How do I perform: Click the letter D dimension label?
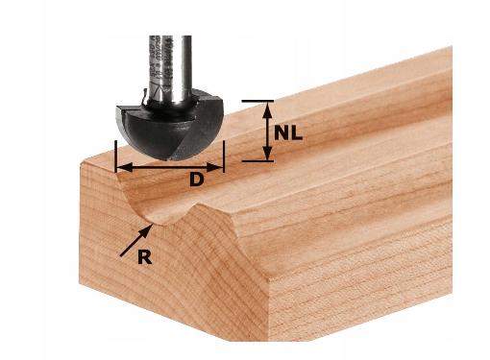tap(196, 180)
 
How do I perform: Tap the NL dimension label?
tap(288, 132)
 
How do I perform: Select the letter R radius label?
tap(144, 257)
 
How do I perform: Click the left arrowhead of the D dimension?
tap(124, 167)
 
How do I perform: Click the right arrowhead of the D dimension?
tap(214, 167)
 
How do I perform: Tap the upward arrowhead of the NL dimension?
tap(268, 109)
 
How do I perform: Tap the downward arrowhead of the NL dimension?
tap(268, 153)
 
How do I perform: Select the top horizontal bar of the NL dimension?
tap(257, 101)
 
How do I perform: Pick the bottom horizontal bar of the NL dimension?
tap(257, 161)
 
